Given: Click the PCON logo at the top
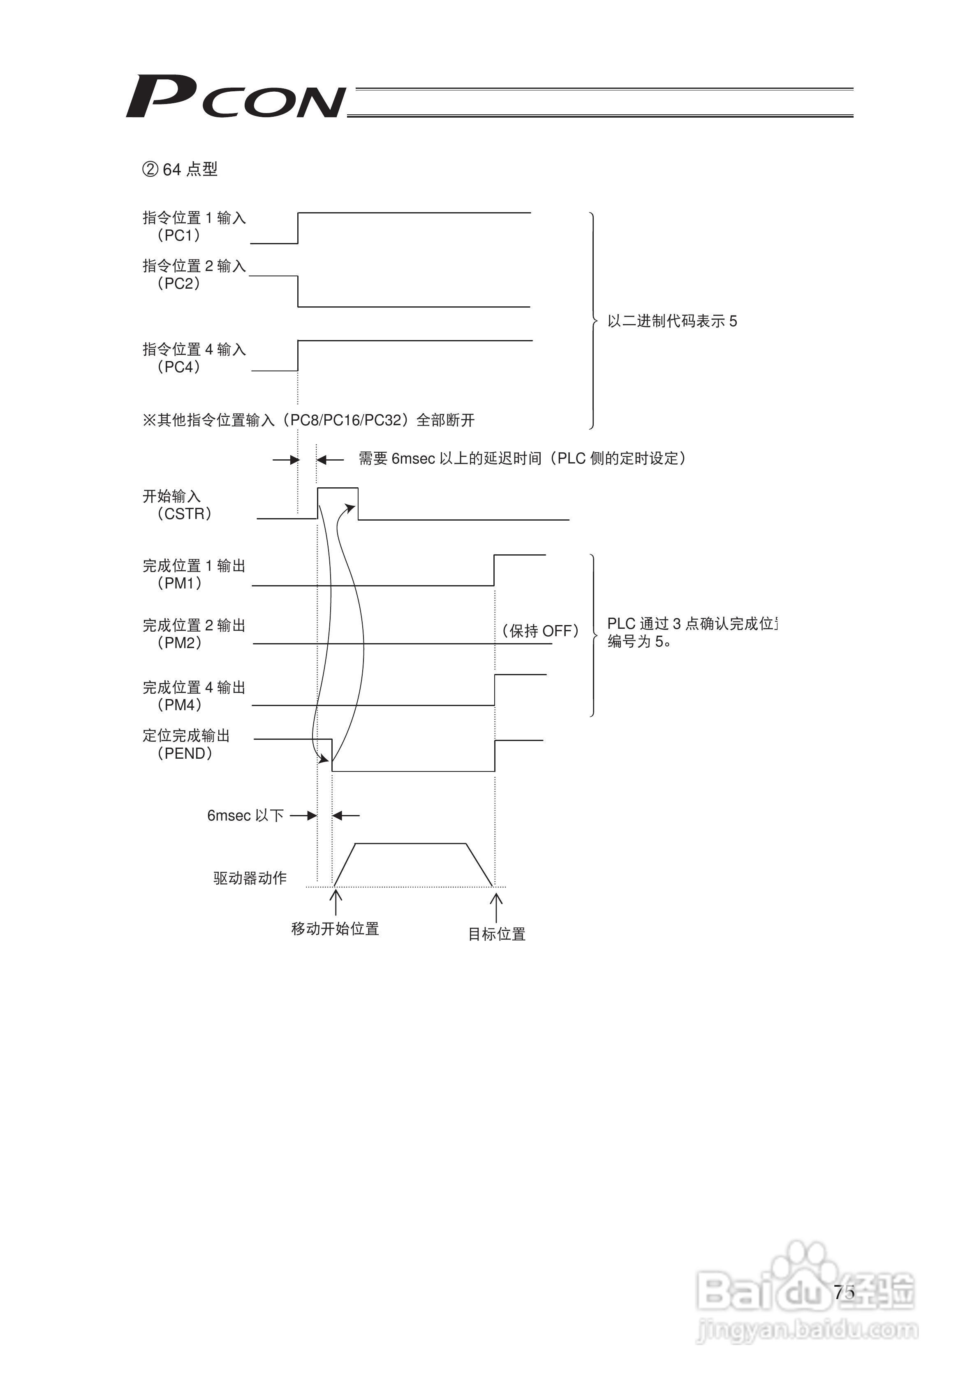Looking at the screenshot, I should (x=235, y=97).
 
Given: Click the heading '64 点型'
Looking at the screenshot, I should (x=180, y=169).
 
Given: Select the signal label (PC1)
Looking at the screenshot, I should (x=178, y=235).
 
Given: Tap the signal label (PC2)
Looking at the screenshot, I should (x=178, y=283).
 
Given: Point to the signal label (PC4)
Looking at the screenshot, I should (x=178, y=367).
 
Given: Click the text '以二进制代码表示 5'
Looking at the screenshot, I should (x=672, y=322).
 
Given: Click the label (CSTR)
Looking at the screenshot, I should (x=184, y=514).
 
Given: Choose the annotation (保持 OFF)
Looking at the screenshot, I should (x=540, y=631).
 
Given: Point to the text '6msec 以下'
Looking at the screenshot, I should (x=245, y=815).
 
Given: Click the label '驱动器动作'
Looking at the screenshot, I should (x=250, y=878).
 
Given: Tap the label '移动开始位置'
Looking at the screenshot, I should (x=335, y=929).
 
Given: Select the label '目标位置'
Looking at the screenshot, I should (x=496, y=934).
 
